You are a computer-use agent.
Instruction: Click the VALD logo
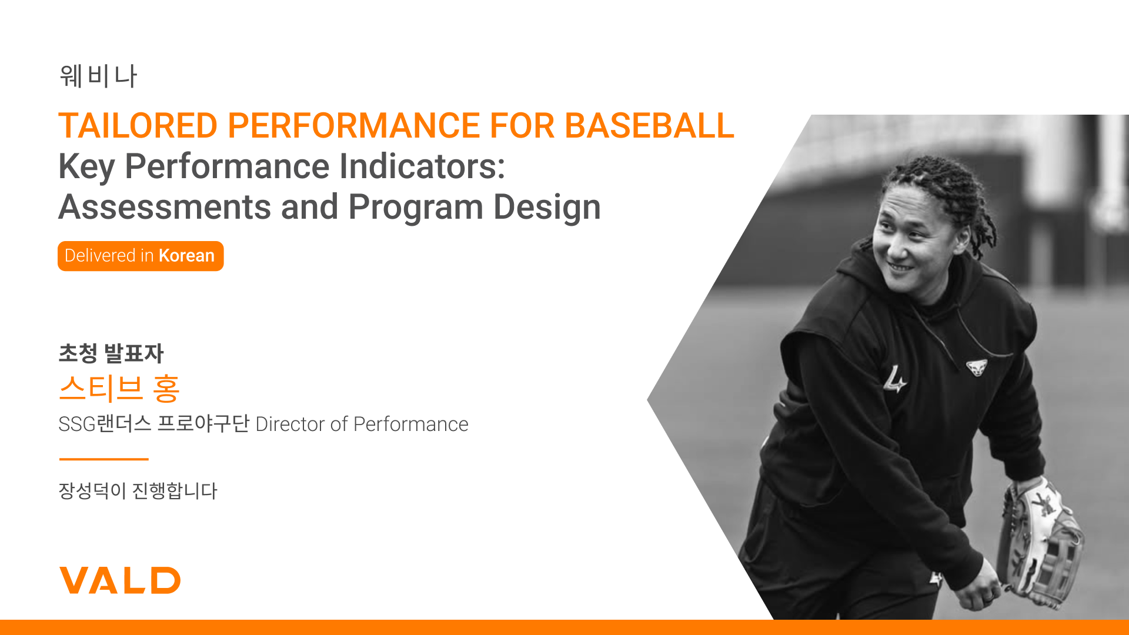coord(120,580)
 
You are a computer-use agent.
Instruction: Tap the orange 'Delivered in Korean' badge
coord(141,256)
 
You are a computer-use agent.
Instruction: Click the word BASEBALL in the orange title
coord(649,125)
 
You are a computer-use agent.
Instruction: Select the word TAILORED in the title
coord(138,125)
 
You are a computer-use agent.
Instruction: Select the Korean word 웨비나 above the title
coord(98,76)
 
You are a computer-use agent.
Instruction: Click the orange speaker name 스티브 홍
coord(119,388)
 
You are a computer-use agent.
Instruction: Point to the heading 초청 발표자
coord(111,353)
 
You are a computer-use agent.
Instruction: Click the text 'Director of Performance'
coord(362,424)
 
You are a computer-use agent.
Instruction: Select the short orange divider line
coord(103,459)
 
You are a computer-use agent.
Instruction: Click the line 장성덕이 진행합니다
coord(138,491)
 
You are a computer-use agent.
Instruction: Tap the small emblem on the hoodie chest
coord(977,367)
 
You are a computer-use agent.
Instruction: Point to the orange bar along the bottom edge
coord(564,627)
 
